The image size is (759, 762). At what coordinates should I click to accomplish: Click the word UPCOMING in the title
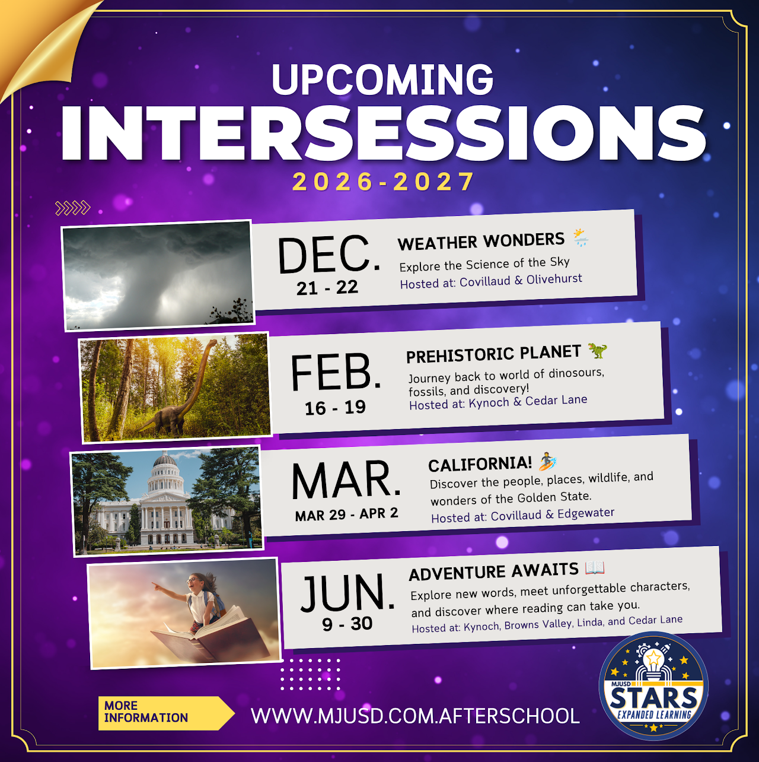point(382,80)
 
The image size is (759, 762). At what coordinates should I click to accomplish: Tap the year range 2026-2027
point(383,182)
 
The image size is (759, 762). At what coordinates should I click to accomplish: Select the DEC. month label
point(329,255)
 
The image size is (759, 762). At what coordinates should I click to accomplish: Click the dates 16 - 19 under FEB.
point(335,408)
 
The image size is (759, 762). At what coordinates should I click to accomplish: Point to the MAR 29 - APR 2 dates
point(346,514)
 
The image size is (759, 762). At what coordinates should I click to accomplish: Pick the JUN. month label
point(347,592)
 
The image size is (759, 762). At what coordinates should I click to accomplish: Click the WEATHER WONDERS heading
point(481,241)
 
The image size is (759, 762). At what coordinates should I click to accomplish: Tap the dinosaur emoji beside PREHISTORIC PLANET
point(597,350)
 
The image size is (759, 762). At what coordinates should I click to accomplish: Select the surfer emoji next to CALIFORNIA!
point(548,461)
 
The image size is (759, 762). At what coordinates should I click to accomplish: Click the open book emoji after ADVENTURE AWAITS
point(595,568)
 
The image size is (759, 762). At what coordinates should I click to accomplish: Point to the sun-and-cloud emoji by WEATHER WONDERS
point(581,237)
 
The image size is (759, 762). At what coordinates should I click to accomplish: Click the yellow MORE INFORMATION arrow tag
point(166,713)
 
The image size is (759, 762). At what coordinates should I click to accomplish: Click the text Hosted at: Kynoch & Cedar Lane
point(498,402)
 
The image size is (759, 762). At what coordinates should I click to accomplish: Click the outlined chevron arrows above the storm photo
point(73,208)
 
